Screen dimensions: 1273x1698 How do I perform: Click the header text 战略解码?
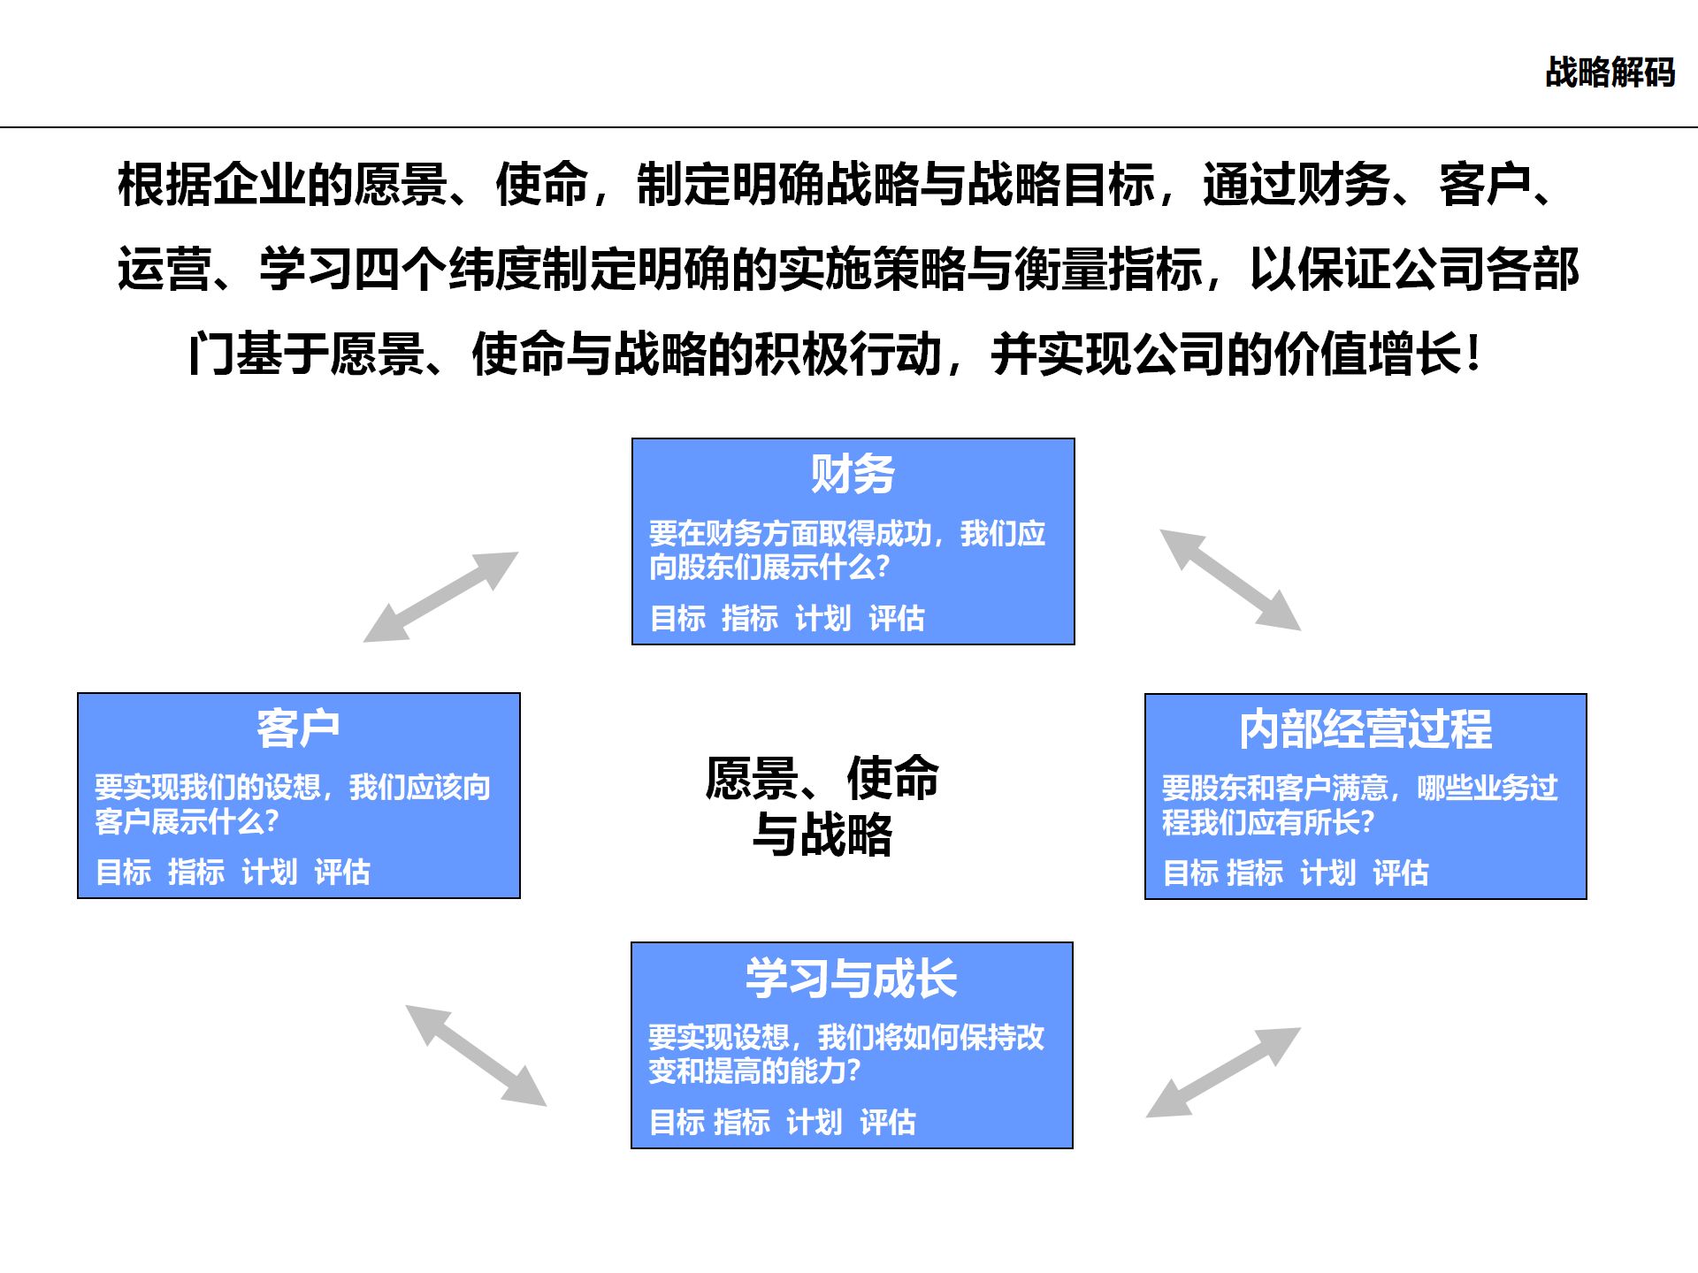click(1610, 72)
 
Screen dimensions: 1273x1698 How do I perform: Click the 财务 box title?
click(853, 474)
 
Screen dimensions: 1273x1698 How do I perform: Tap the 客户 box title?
click(298, 728)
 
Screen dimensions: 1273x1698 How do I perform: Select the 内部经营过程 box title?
click(1365, 729)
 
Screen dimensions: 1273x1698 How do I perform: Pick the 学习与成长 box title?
click(851, 979)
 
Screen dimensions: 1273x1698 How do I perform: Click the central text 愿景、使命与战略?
click(822, 805)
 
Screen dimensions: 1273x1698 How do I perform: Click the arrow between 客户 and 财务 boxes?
click(440, 597)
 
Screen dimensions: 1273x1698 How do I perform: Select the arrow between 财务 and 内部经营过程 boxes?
click(1230, 580)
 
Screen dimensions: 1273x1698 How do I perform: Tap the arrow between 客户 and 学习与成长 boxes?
click(476, 1055)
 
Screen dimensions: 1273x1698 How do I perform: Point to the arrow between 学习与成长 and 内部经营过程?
click(1223, 1072)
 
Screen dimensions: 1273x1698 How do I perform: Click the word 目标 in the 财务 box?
click(677, 618)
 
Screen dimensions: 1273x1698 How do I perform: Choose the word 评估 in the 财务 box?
click(896, 618)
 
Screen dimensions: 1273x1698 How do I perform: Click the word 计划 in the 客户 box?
click(269, 873)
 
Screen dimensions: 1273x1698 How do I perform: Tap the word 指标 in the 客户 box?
click(195, 873)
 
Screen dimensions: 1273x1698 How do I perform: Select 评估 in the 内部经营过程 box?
click(1400, 873)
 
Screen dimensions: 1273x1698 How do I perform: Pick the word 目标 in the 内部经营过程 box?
click(1190, 873)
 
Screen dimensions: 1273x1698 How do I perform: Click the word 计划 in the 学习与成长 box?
click(814, 1123)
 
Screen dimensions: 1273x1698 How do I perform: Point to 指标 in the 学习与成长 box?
click(741, 1123)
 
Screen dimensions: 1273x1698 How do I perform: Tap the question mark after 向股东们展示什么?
click(881, 568)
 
